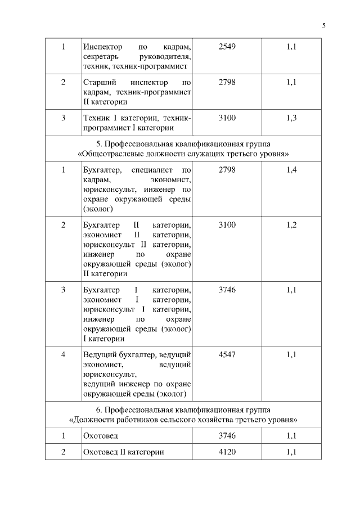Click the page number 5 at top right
pyautogui.click(x=324, y=25)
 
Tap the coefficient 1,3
pyautogui.click(x=291, y=118)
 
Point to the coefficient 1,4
pyautogui.click(x=291, y=169)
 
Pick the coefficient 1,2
pyautogui.click(x=291, y=225)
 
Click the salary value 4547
pyautogui.click(x=227, y=354)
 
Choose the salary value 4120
pyautogui.click(x=227, y=452)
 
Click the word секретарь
pyautogui.click(x=101, y=57)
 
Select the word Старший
pyautogui.click(x=96, y=82)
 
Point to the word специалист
pyautogui.click(x=149, y=169)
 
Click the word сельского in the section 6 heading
pyautogui.click(x=197, y=420)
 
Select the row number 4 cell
pyautogui.click(x=63, y=354)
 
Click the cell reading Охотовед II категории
pyautogui.click(x=123, y=452)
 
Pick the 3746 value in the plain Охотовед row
pyautogui.click(x=227, y=435)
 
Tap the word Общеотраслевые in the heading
pyautogui.click(x=109, y=153)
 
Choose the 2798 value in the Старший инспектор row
pyautogui.click(x=227, y=82)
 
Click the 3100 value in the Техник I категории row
pyautogui.click(x=227, y=118)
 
